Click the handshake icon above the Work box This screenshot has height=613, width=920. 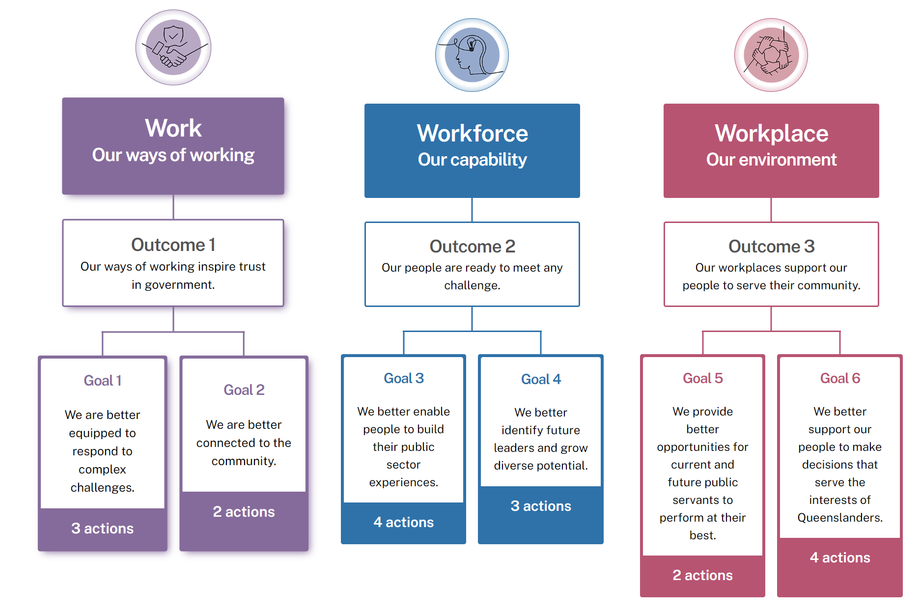173,48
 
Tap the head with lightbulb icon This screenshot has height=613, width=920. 472,55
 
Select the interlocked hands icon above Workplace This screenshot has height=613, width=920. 771,55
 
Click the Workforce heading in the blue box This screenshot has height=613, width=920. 472,133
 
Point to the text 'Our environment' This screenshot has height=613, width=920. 771,160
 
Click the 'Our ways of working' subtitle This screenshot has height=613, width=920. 173,155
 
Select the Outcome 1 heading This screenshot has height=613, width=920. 173,245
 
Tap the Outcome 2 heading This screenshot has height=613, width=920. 472,246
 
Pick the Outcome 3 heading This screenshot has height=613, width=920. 771,246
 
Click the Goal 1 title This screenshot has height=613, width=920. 102,381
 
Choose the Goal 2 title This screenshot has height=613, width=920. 244,390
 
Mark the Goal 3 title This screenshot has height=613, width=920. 403,378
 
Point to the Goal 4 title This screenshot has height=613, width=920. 540,379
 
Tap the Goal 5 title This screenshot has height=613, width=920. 702,378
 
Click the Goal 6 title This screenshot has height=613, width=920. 839,378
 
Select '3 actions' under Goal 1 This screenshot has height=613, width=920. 102,529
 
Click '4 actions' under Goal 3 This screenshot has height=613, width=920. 403,522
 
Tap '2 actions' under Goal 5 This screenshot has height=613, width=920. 702,575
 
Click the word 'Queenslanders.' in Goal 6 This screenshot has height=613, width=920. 839,518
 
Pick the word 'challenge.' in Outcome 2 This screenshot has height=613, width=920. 472,285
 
